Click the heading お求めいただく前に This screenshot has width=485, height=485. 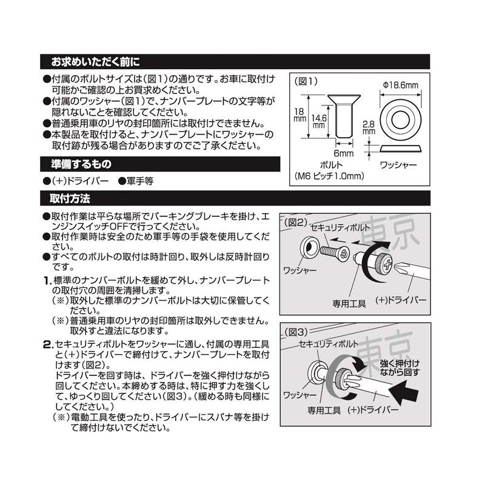95,62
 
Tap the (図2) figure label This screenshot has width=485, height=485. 296,222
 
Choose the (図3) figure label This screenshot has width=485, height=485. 297,332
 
